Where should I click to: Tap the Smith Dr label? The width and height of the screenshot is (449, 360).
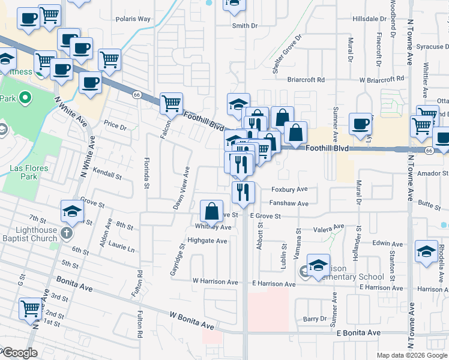pyautogui.click(x=244, y=26)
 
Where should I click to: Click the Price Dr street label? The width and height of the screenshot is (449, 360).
pyautogui.click(x=115, y=126)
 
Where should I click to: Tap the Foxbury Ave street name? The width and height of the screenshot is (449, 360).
pyautogui.click(x=289, y=189)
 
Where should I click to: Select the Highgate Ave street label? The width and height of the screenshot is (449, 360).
pyautogui.click(x=207, y=241)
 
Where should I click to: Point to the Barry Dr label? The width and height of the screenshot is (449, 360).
pyautogui.click(x=315, y=319)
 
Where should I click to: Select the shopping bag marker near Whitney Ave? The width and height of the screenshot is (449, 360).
pyautogui.click(x=211, y=211)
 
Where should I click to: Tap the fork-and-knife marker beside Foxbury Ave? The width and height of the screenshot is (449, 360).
pyautogui.click(x=243, y=192)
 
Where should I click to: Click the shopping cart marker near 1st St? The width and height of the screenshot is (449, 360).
pyautogui.click(x=31, y=308)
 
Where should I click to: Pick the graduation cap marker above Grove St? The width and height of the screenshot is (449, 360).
pyautogui.click(x=72, y=211)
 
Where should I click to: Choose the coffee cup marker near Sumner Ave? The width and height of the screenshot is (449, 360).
pyautogui.click(x=360, y=124)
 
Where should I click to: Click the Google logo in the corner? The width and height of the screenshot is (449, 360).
pyautogui.click(x=19, y=353)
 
